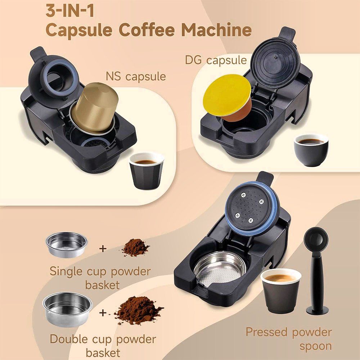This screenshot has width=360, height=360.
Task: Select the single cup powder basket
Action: coord(67,244)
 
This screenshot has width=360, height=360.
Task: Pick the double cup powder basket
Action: coord(68,309)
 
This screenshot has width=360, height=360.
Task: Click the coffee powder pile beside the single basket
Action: coord(135,248)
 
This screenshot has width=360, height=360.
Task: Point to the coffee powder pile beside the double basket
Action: coord(139,310)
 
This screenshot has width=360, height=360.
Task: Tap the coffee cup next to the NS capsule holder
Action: coord(147,171)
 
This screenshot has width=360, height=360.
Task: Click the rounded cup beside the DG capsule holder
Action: coord(311,150)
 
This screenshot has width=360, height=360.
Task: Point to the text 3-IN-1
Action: coord(70,11)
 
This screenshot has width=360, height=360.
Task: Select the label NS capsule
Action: coord(136,76)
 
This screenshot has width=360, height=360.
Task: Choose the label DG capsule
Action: coord(216,60)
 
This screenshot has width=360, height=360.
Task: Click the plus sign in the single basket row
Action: coord(103,248)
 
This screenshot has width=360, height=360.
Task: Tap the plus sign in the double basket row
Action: coord(103,313)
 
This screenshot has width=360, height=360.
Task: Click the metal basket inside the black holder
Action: coord(220,269)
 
